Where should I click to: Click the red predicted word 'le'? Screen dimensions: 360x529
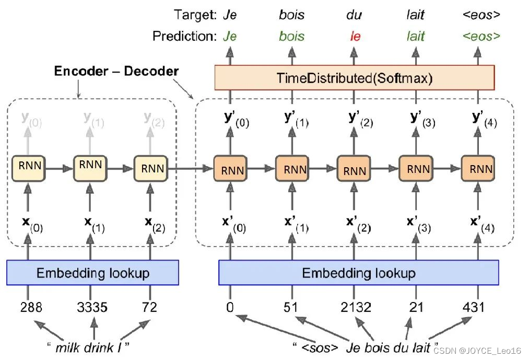[x=355, y=37]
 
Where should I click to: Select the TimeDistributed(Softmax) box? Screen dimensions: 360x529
[x=355, y=78]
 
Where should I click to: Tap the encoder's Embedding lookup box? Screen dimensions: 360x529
[x=93, y=273]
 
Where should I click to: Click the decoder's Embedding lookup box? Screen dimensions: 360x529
[x=358, y=273]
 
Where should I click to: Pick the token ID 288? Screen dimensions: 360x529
[x=31, y=307]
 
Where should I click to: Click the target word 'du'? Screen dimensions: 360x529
[x=354, y=15]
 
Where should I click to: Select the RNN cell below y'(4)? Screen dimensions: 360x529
[x=477, y=169]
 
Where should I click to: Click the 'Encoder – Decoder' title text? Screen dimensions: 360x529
[x=116, y=71]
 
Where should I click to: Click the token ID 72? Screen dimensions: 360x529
[x=149, y=307]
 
